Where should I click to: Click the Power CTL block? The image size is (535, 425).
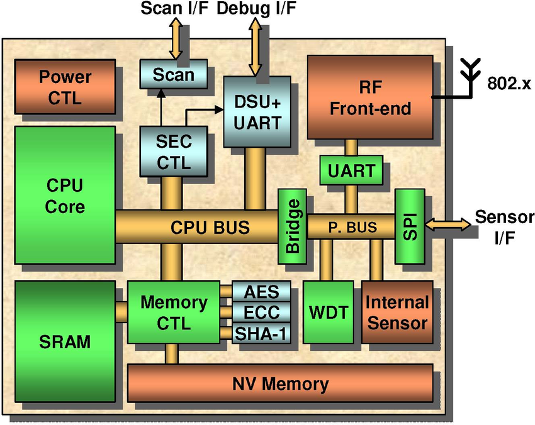pos(65,87)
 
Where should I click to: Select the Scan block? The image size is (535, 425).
pos(174,74)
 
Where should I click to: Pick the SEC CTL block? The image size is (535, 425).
pos(174,151)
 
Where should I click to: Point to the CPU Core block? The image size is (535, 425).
pos(65,195)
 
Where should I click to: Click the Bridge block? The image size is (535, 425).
pos(292,226)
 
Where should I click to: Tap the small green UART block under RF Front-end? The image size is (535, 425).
pos(351,170)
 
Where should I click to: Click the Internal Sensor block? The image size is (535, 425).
pos(397,312)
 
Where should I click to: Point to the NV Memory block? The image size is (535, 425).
pos(280,383)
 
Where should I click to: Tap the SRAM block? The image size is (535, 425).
pos(65,342)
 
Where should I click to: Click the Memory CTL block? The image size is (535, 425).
pos(174,312)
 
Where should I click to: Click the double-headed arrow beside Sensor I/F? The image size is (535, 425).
pos(448,223)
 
